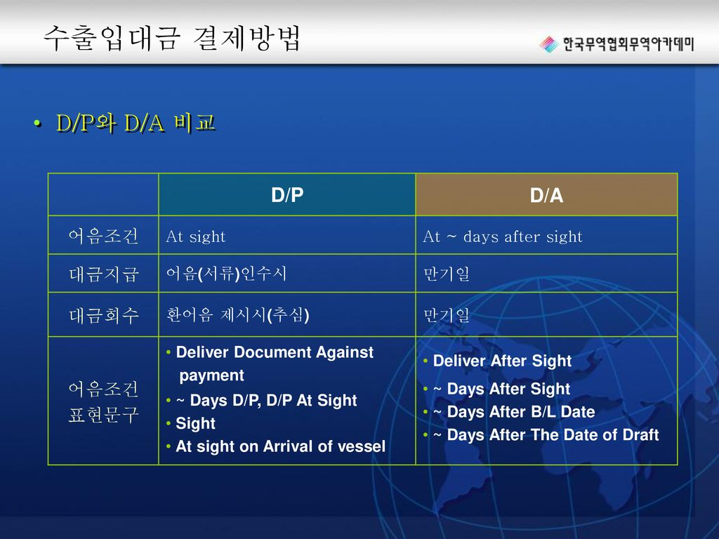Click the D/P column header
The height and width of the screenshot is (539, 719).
tap(287, 195)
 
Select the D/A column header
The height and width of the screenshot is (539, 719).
tap(546, 196)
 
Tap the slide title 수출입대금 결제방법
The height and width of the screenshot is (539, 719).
tap(172, 38)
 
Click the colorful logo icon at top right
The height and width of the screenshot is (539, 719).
tap(549, 44)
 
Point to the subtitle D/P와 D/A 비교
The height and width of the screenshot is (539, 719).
tap(136, 123)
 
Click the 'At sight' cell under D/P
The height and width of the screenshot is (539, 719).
tap(196, 237)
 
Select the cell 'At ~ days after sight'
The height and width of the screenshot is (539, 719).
tap(503, 237)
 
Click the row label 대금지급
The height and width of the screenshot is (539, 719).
tap(104, 274)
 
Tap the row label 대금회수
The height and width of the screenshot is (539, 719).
tap(104, 315)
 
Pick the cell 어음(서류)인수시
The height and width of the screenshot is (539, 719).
tap(227, 274)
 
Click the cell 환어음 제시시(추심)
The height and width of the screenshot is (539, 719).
tap(237, 315)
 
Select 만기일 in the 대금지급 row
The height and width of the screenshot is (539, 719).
tap(446, 274)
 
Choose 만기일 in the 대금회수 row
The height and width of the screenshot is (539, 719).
tap(446, 315)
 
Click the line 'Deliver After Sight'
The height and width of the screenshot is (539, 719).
tap(502, 361)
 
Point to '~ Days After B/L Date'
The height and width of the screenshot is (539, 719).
tap(514, 411)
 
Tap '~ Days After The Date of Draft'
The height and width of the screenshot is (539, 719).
tap(546, 434)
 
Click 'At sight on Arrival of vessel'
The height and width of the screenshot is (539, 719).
tap(281, 446)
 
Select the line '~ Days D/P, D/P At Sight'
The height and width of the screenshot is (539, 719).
tap(266, 401)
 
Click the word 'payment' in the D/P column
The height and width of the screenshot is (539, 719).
tap(211, 376)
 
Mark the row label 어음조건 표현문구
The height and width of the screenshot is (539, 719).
tap(104, 401)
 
